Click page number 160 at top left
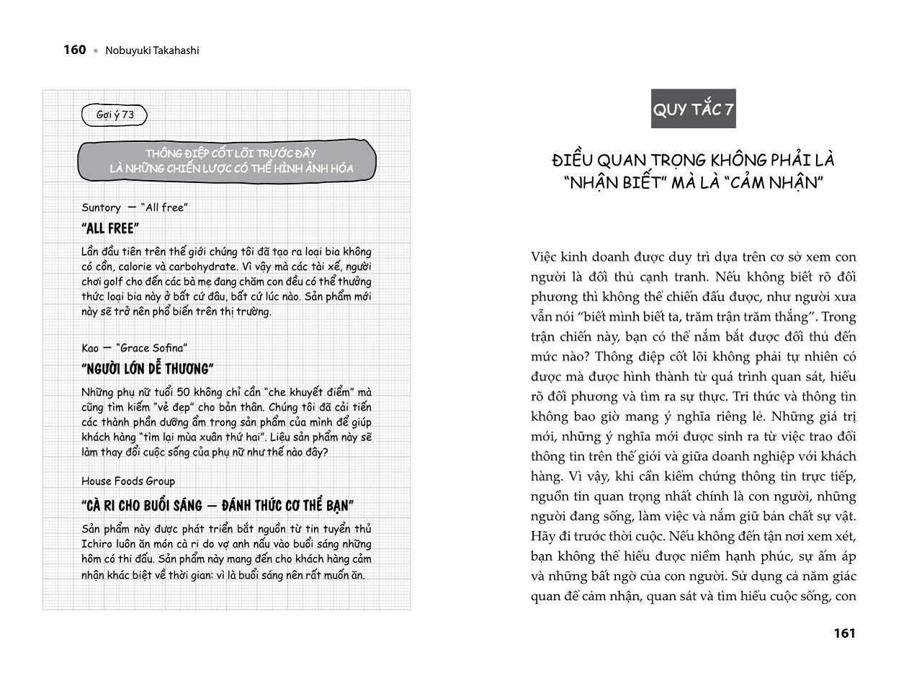[x=75, y=50]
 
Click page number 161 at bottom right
[x=844, y=633]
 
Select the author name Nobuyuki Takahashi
[x=152, y=50]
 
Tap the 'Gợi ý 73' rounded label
[x=115, y=115]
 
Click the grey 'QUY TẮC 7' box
[x=693, y=110]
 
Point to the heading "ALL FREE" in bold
[x=110, y=229]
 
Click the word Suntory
[x=101, y=208]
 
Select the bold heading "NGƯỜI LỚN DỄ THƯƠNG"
[x=148, y=370]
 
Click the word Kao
[x=90, y=348]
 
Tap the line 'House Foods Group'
[x=128, y=481]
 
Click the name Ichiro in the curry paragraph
[x=98, y=544]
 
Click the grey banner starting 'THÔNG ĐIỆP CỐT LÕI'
[x=227, y=161]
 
